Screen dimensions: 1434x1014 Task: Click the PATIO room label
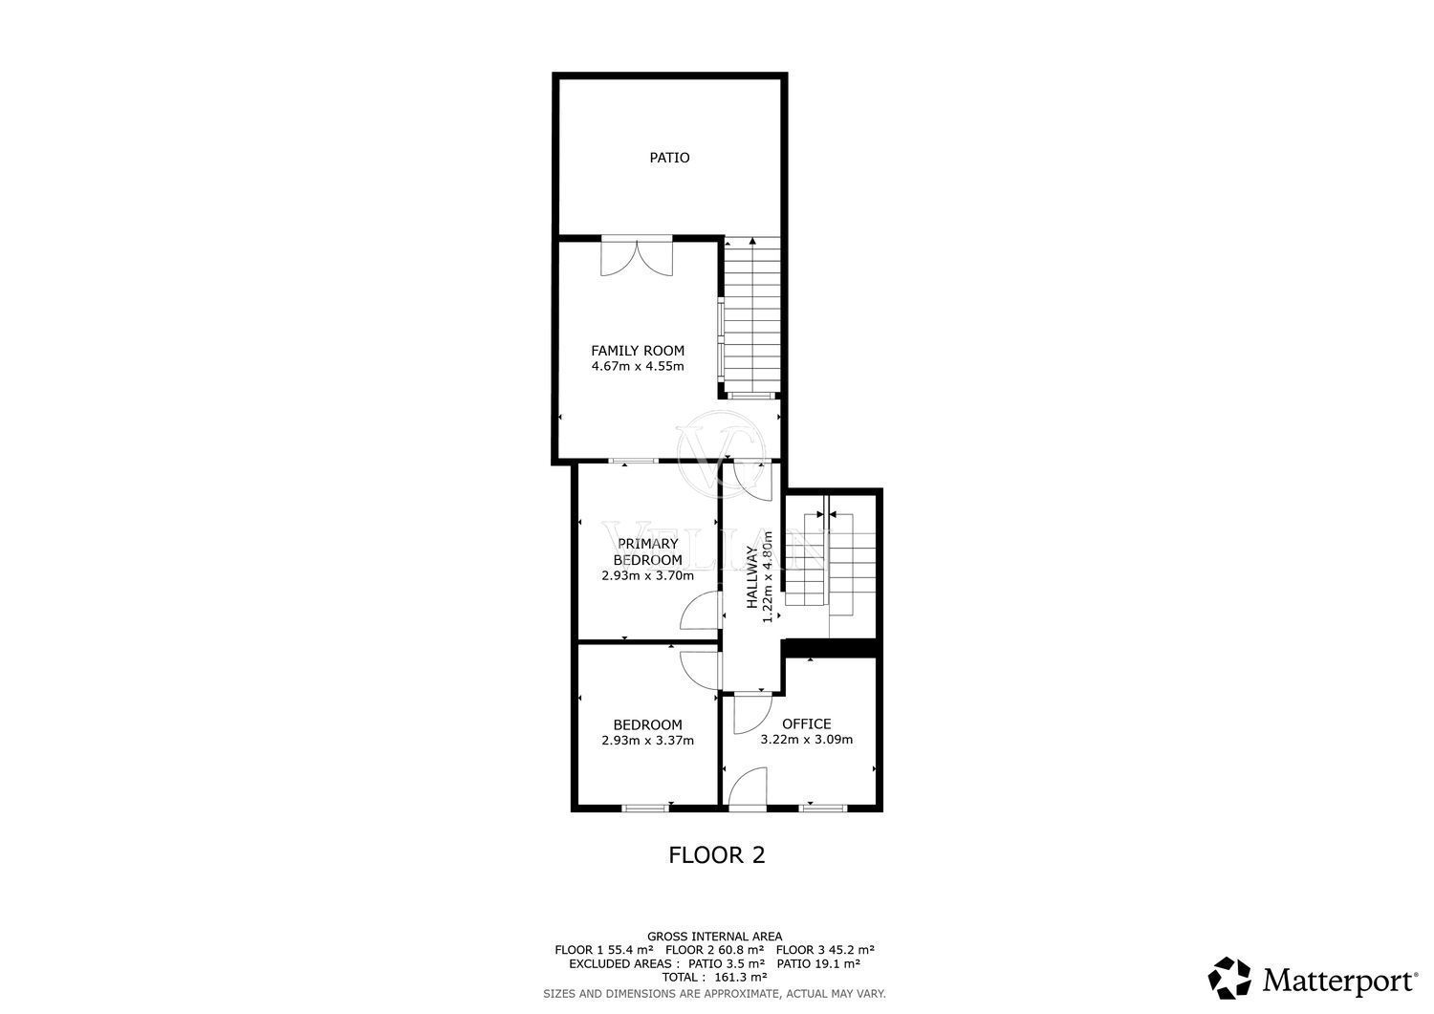coord(669,158)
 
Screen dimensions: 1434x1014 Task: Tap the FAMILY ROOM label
coord(638,351)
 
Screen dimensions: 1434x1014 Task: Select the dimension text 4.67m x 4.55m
coord(638,367)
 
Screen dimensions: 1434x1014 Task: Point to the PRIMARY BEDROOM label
coord(648,551)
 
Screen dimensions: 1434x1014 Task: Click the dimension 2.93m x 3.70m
coord(648,575)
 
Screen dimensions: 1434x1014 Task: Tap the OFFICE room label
coord(807,724)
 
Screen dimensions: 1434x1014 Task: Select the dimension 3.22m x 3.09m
coord(807,740)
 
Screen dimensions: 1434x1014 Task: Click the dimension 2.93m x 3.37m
coord(648,741)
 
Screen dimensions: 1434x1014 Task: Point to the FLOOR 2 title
coord(717,855)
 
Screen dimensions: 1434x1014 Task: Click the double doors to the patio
coord(637,256)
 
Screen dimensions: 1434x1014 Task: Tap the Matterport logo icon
coord(1229,979)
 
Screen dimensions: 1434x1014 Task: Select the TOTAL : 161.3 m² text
coord(715,978)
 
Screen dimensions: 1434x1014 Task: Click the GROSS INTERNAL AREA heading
coord(715,937)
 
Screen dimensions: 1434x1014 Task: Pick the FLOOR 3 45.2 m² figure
coord(825,950)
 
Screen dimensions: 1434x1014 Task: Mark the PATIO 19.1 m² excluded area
coord(818,963)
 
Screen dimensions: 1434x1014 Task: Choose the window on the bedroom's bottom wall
coord(646,808)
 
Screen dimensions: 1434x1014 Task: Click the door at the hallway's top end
coord(753,480)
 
